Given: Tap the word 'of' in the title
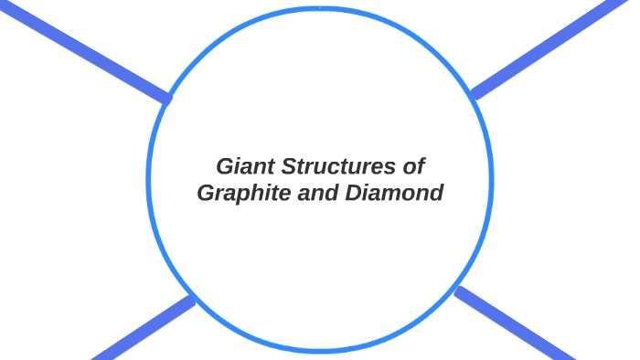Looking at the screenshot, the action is [x=414, y=167].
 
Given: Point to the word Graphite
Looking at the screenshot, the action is [x=242, y=194].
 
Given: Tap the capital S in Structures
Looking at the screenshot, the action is [x=289, y=167].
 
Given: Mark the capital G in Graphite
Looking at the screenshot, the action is [x=208, y=194].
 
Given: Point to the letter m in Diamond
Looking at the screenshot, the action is [x=394, y=195].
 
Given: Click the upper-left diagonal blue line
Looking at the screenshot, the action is [x=82, y=50].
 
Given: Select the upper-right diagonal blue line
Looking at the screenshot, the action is [x=553, y=46].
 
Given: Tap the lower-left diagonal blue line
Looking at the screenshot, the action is [x=142, y=329].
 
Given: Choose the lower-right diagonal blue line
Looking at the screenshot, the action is [x=517, y=324].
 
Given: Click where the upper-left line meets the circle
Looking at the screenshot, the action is [x=166, y=98].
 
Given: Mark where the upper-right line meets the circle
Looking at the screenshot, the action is [x=474, y=93].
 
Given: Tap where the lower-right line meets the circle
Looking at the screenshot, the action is [x=458, y=291].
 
